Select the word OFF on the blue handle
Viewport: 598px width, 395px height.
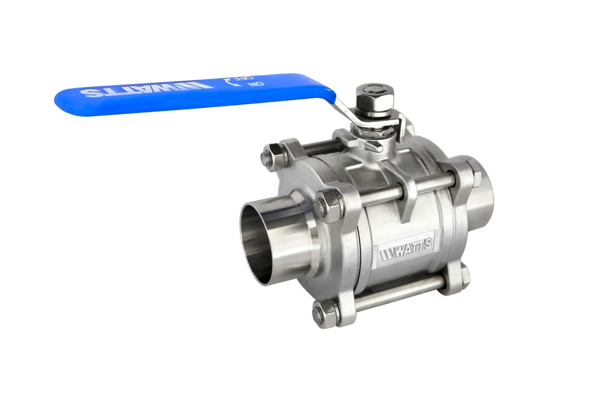(x=239, y=81)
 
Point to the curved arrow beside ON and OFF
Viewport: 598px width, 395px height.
(x=229, y=82)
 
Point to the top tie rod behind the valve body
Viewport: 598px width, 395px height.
(x=322, y=147)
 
